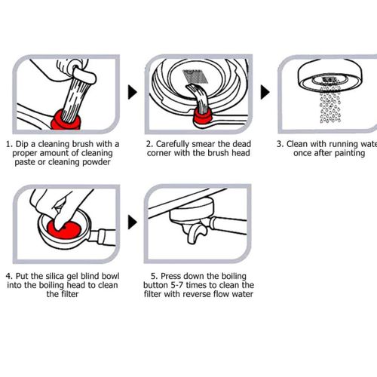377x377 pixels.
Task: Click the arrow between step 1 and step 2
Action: click(132, 92)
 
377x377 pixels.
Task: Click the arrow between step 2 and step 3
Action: click(265, 92)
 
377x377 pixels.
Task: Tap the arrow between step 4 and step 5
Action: click(132, 222)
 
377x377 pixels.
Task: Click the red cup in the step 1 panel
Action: click(66, 120)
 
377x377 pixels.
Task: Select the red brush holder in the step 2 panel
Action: click(202, 116)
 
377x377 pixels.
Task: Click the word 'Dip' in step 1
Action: click(22, 144)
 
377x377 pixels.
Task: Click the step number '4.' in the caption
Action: click(9, 277)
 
